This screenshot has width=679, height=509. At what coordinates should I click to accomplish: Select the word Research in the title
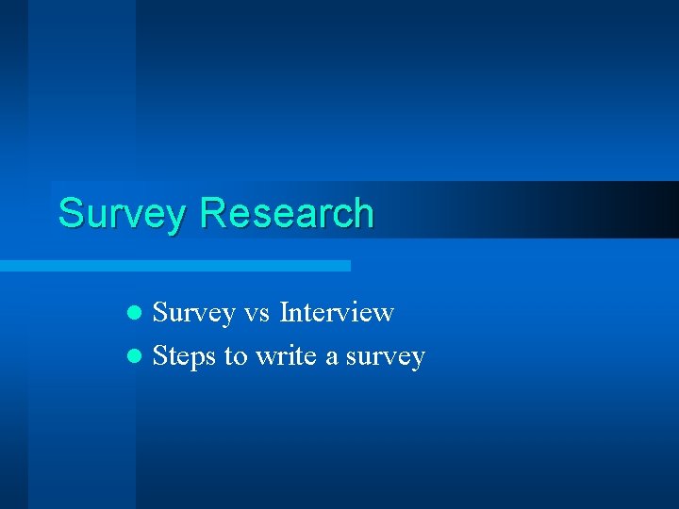[x=287, y=213]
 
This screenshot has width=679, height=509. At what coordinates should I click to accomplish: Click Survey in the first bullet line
[x=193, y=312]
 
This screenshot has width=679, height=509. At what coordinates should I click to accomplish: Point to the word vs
[x=257, y=313]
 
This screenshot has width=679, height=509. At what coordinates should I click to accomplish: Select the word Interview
[x=337, y=312]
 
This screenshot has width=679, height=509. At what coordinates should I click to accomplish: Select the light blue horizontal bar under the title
[x=174, y=266]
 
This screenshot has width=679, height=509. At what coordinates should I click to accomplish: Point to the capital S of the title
[x=69, y=213]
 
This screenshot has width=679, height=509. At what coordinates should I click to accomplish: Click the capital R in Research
[x=211, y=213]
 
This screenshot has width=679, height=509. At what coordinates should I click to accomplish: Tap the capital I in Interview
[x=286, y=312]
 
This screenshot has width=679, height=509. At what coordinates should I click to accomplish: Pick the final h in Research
[x=364, y=213]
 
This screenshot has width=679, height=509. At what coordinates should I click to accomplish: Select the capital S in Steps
[x=159, y=356]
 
